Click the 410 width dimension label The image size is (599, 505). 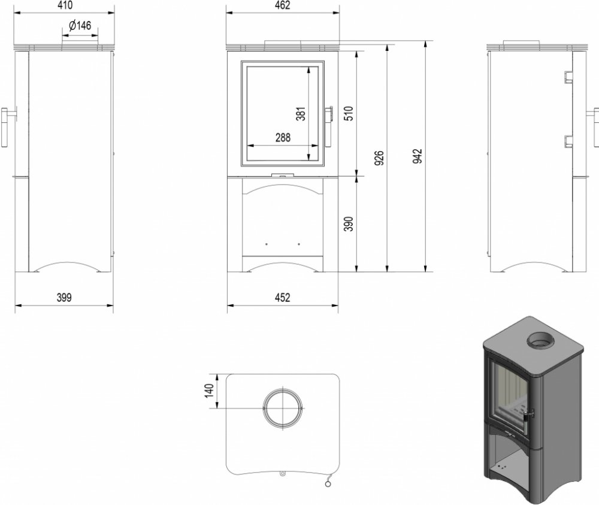(64, 5)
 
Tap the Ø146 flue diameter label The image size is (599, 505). (80, 26)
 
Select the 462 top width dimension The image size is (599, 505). (282, 5)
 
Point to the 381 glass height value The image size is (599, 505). (301, 113)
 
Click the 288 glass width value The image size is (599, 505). (283, 138)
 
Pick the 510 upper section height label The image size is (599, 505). (349, 113)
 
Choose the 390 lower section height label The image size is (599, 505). (349, 224)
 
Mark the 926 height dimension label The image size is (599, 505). (379, 158)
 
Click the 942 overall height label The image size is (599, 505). (418, 156)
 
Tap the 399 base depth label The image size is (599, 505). (64, 298)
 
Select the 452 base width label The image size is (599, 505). (282, 298)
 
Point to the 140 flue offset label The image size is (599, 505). (209, 391)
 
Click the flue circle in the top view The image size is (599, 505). (283, 408)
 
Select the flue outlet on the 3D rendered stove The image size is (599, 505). (540, 340)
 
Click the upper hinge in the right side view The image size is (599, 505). (566, 77)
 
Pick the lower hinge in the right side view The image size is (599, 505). (566, 142)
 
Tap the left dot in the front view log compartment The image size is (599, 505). (267, 244)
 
